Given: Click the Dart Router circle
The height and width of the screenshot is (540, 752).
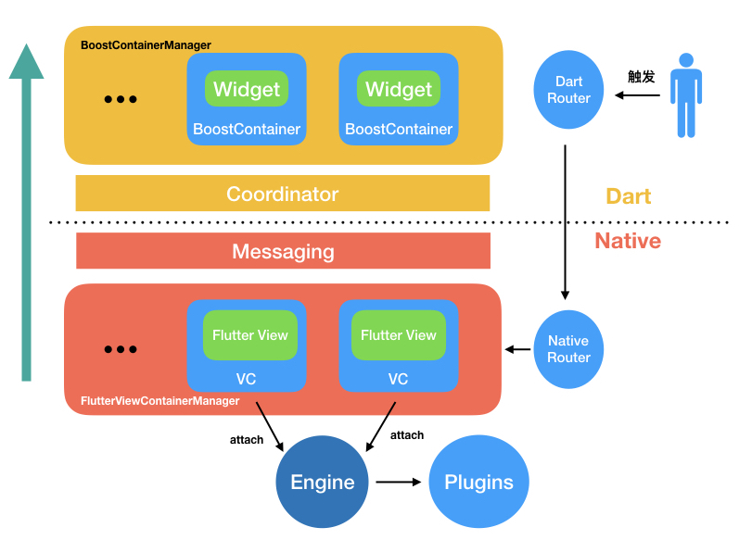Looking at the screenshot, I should (568, 90).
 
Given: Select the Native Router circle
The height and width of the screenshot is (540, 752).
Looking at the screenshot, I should (568, 349).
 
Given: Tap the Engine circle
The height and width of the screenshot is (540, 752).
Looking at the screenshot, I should (323, 482).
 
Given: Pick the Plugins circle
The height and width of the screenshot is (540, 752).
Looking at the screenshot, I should (478, 482).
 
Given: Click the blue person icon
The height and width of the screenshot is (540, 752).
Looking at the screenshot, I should (685, 95).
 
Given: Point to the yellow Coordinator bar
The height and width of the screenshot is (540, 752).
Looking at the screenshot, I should (283, 194).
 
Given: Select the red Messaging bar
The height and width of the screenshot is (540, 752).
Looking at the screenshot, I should (283, 251).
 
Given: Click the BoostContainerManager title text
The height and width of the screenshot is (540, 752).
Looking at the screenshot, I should (146, 44).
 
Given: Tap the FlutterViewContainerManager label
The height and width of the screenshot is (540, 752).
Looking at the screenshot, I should (160, 401).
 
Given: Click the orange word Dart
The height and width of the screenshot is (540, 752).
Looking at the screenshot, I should (629, 196).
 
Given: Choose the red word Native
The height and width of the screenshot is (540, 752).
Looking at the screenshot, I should (628, 242).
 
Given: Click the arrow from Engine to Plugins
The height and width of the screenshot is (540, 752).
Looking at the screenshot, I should (399, 482).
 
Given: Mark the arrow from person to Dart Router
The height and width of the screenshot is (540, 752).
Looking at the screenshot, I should (640, 93).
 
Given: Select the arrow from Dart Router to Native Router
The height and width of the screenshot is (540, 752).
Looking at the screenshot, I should (566, 222).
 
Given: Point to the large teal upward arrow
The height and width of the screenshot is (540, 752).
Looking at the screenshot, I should (26, 213).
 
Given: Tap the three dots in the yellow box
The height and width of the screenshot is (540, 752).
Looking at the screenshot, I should (121, 99).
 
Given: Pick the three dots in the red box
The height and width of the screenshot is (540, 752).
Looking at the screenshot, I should (121, 349).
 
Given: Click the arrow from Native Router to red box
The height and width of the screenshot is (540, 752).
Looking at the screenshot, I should (518, 349).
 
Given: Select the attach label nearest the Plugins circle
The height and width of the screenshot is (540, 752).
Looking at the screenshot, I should (407, 435).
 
